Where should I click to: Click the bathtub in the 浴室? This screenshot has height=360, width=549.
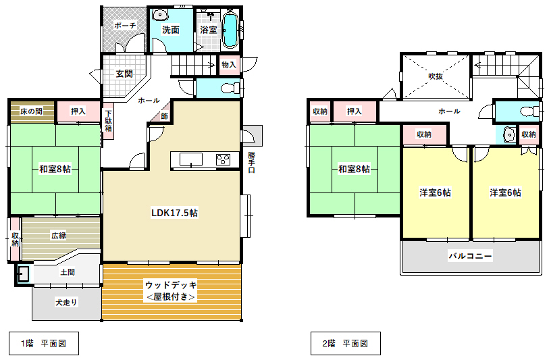(x=230, y=30)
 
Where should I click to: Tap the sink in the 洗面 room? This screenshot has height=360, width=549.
(x=159, y=15)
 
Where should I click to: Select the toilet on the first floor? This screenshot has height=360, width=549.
(x=231, y=88)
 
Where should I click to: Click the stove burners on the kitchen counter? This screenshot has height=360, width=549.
(x=223, y=159)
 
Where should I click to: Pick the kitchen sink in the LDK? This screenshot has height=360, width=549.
(x=191, y=159)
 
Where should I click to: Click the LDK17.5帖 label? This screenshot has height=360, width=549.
(x=174, y=213)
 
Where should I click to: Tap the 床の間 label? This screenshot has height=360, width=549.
(x=32, y=111)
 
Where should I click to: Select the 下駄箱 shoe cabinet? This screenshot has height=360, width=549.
(x=108, y=121)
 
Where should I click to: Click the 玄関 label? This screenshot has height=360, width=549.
(x=124, y=74)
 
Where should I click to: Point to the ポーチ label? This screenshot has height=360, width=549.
(x=125, y=25)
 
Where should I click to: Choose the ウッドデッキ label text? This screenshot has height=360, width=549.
(x=172, y=285)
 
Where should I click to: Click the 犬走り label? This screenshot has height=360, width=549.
(x=66, y=302)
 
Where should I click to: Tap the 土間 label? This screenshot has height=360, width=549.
(x=68, y=272)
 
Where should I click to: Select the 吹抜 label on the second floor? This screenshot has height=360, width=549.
(x=436, y=76)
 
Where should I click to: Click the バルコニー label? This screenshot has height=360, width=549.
(x=470, y=256)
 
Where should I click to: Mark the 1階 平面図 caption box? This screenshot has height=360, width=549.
(x=44, y=344)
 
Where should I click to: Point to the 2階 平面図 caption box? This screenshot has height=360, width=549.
(x=346, y=344)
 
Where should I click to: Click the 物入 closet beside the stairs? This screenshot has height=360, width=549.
(x=230, y=65)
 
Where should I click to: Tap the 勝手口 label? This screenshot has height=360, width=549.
(x=251, y=162)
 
